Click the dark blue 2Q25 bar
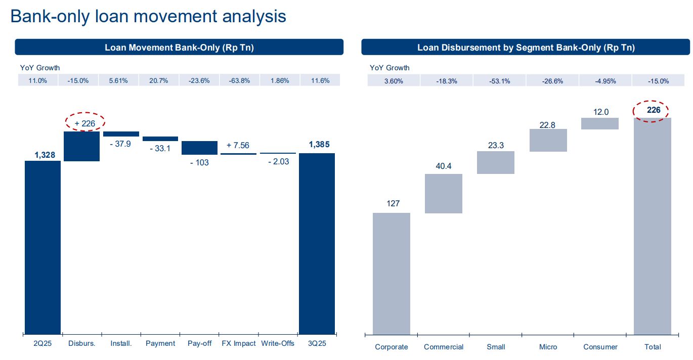[x=42, y=247]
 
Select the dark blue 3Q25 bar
[x=317, y=243]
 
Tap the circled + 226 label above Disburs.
[x=84, y=122]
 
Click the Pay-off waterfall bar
[x=199, y=148]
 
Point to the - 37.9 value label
[x=121, y=144]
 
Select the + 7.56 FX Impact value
[x=238, y=145]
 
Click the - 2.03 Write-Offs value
[x=278, y=161]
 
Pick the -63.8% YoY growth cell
[x=239, y=80]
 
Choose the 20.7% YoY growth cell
[x=159, y=80]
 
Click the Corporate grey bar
[x=391, y=273]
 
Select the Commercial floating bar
[x=444, y=194]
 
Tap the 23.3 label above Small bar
[x=495, y=145]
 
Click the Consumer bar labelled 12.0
[x=600, y=124]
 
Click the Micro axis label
[x=548, y=347]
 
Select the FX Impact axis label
[x=239, y=344]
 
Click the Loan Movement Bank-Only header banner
[x=179, y=48]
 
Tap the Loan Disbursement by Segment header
[x=526, y=48]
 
